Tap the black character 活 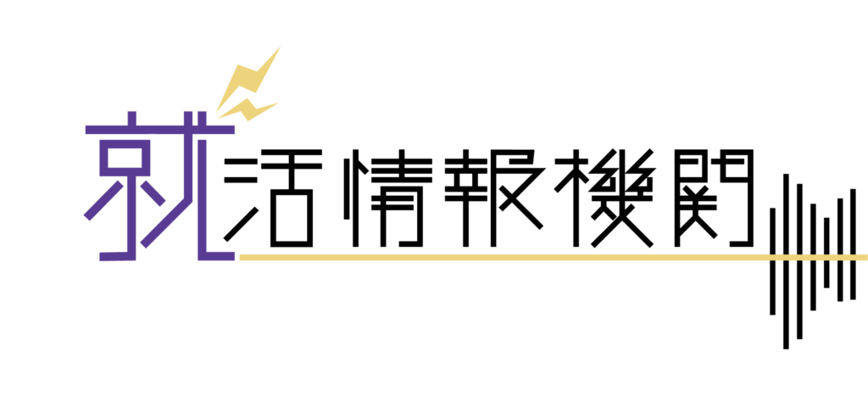pos(273,198)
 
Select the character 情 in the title pos(387,198)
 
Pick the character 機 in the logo pos(604,198)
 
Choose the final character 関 pos(714,198)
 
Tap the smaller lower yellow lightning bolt pos(248,109)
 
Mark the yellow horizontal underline pos(554,258)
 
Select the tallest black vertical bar pos(786,261)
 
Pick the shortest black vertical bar pos(826,253)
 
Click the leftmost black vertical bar pos(772,261)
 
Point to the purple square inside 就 pos(125,158)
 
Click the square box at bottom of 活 pos(292,218)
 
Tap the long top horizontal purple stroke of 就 pos(160,130)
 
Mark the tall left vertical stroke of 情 pos(355,198)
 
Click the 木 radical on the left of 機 pos(576,198)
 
